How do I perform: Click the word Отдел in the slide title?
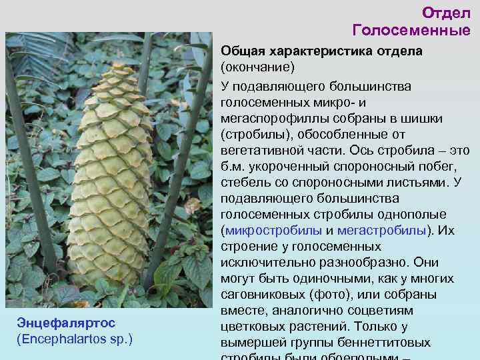(x=446, y=13)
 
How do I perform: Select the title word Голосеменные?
(x=411, y=30)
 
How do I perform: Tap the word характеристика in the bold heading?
(x=316, y=52)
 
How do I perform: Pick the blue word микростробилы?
(x=274, y=231)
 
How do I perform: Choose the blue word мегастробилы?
(x=381, y=231)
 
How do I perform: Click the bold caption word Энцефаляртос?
(x=66, y=323)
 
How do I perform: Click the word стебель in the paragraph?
(x=243, y=183)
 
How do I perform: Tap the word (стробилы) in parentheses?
(x=253, y=135)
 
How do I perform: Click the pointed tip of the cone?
(x=121, y=64)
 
